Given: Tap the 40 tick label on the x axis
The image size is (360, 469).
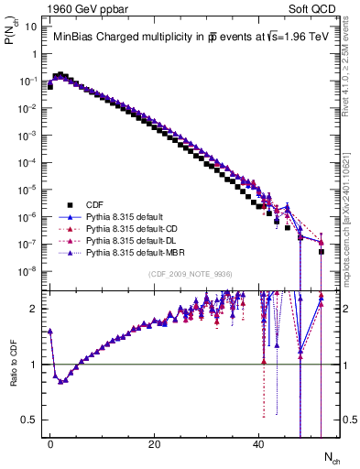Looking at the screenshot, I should [x=259, y=445].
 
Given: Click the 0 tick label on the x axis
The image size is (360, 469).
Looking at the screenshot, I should [x=50, y=445].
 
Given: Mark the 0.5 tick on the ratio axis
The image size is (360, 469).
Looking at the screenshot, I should [x=29, y=420].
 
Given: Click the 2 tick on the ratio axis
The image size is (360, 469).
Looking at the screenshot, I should [x=33, y=309].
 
